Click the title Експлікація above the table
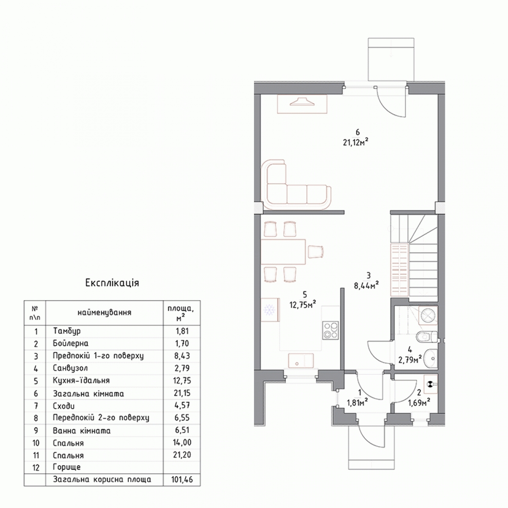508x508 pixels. (112, 283)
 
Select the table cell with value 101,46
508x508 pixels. (182, 480)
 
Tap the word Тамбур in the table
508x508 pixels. (67, 331)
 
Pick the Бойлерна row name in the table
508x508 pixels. (70, 343)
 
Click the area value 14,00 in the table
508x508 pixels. (182, 442)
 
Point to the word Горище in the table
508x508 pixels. (67, 467)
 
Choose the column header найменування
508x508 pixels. (105, 313)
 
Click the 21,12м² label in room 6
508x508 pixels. (355, 143)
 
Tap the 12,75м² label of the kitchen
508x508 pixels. (303, 305)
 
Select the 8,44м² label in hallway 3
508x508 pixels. (367, 286)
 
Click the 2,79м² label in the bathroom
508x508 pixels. (410, 360)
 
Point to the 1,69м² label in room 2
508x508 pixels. (419, 403)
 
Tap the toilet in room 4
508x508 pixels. (427, 337)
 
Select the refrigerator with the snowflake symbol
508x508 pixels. (270, 310)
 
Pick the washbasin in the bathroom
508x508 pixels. (431, 358)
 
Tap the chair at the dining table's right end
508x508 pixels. (315, 251)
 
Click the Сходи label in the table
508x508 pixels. (63, 406)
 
